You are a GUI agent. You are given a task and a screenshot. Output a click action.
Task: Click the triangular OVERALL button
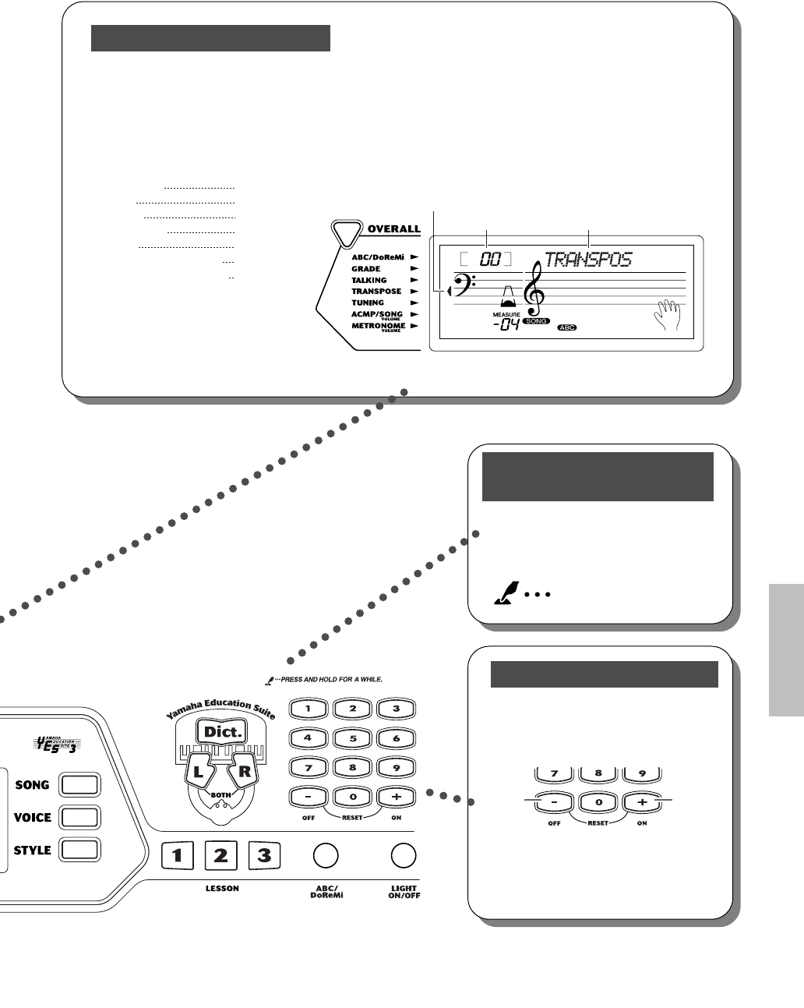(347, 230)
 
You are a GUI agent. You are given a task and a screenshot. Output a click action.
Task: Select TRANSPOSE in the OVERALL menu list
(376, 291)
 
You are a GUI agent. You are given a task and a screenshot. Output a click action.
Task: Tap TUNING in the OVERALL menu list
(368, 302)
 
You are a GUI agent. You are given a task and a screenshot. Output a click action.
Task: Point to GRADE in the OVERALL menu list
(366, 268)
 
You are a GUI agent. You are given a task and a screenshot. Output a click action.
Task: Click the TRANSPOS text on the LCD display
(587, 259)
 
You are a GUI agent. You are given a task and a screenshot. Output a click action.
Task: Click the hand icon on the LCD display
(667, 315)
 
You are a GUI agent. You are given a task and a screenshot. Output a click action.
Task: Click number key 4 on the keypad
(309, 737)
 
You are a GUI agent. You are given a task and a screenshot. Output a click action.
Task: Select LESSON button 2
(221, 856)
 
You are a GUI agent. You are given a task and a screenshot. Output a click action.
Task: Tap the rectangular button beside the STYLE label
(80, 850)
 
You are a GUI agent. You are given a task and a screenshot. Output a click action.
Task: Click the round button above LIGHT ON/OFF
(404, 855)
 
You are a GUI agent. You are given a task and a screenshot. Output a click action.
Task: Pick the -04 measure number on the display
(506, 325)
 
